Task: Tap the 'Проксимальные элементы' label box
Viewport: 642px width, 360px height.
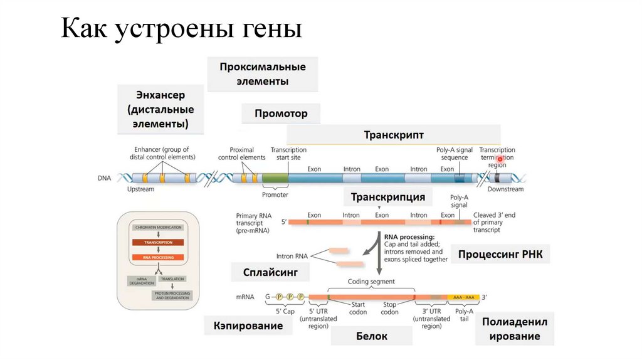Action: tap(262, 74)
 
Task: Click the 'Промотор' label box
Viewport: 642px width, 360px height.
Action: tap(281, 114)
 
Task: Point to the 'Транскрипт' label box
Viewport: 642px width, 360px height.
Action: tap(393, 135)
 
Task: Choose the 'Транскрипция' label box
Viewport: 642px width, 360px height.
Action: tap(387, 197)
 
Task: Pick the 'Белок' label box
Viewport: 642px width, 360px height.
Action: tap(371, 336)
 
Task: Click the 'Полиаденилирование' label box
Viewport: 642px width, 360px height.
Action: tap(519, 329)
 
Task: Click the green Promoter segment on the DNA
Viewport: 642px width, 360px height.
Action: tap(275, 178)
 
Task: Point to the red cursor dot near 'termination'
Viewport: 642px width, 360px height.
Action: tap(500, 159)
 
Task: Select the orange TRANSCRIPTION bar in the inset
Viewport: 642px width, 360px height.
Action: tap(157, 242)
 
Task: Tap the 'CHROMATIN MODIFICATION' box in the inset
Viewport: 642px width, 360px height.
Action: tap(157, 227)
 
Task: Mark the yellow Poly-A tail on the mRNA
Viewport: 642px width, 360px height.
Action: tap(465, 297)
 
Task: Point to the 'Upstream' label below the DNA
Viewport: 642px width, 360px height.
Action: tap(140, 189)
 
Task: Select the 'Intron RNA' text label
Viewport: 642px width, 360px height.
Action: tap(292, 256)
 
